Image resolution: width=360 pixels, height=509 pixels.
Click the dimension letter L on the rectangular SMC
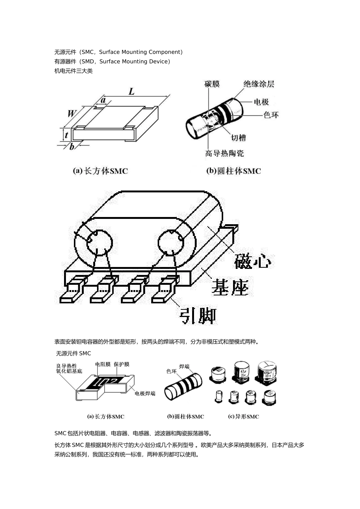coord(131,91)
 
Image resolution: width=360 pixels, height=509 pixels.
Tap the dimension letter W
coord(72,113)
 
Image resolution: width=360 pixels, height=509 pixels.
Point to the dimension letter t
coord(66,134)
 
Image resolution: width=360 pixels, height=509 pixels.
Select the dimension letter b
coord(72,147)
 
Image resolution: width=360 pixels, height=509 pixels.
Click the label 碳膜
coord(212,84)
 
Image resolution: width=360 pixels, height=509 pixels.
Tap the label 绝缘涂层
coord(258,84)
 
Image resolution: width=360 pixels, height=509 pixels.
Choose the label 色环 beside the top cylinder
coord(271,114)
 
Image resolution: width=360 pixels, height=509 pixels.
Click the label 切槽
coord(238,137)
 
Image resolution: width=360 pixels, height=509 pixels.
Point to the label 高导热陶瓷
coord(224,153)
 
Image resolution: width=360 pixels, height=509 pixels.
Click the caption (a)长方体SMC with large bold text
coord(100,171)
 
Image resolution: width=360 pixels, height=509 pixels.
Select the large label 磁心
coord(252,261)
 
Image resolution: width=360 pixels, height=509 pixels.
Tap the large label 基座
coord(230,288)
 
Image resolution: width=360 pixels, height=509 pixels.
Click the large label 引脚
coord(197,315)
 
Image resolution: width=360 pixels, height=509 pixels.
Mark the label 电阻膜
coord(103,364)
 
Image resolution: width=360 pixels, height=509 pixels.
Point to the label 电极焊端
coord(145,393)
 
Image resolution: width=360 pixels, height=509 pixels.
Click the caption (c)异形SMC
coord(243,417)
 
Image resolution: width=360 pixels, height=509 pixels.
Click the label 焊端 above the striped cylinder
coord(184,366)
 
